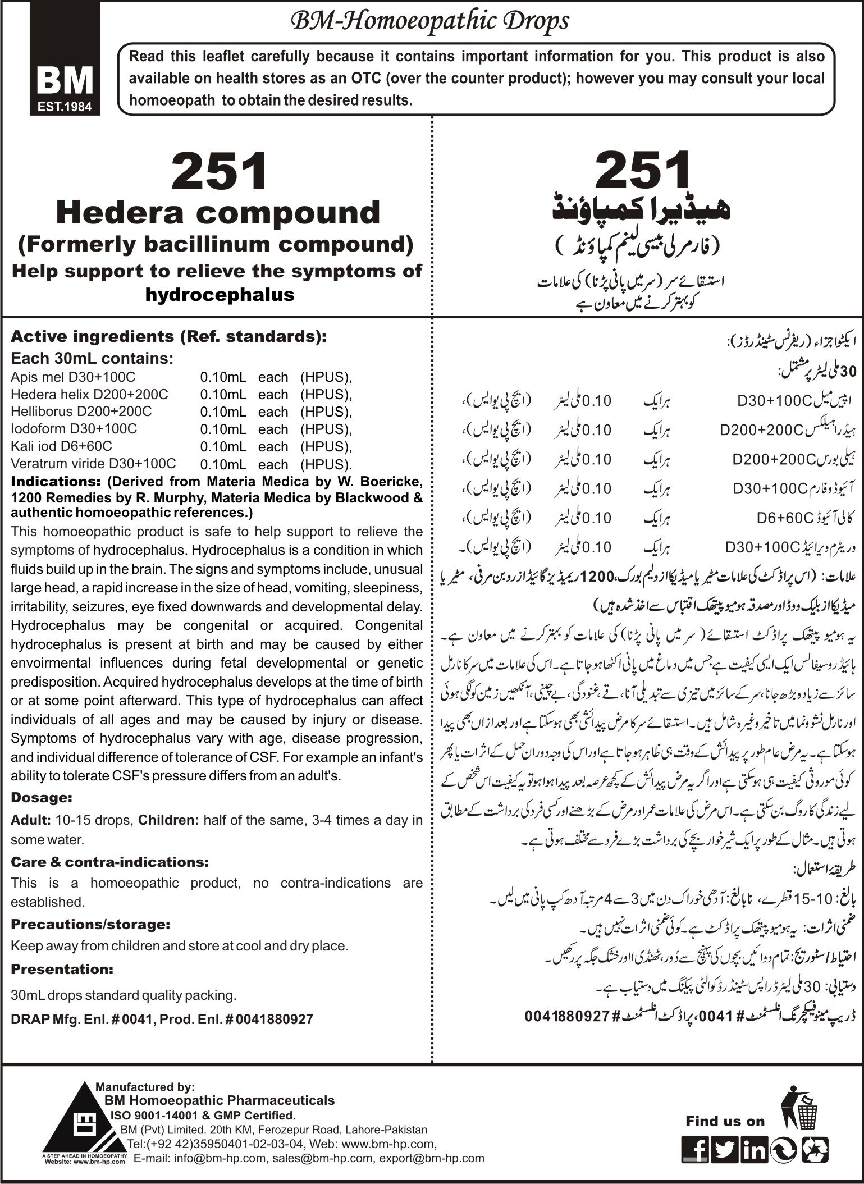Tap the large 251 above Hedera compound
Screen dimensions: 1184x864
click(x=218, y=172)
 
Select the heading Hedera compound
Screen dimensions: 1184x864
click(x=218, y=213)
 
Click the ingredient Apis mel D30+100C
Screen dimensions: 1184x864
click(x=73, y=377)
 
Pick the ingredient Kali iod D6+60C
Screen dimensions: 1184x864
click(x=61, y=446)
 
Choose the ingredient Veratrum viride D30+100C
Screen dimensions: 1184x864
click(x=93, y=463)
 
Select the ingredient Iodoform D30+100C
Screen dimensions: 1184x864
click(x=74, y=428)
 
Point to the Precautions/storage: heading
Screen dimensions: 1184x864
click(x=90, y=924)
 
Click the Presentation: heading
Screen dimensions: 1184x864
click(x=62, y=969)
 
